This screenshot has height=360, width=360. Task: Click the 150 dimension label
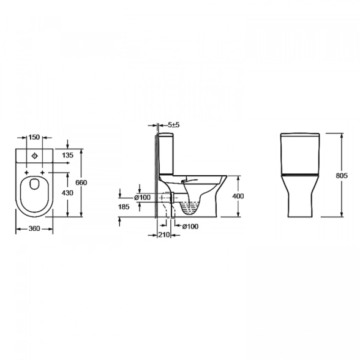34,137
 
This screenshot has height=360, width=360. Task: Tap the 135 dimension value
68,156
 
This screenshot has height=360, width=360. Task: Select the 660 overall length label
81,182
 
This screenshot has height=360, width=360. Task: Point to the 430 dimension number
68,193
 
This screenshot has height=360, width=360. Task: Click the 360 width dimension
34,228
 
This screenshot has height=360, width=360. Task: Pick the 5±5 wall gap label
174,125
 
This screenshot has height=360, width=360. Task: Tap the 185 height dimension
124,207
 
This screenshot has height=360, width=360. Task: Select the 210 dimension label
164,234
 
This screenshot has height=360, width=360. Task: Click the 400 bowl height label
238,196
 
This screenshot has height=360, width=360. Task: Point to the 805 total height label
342,176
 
